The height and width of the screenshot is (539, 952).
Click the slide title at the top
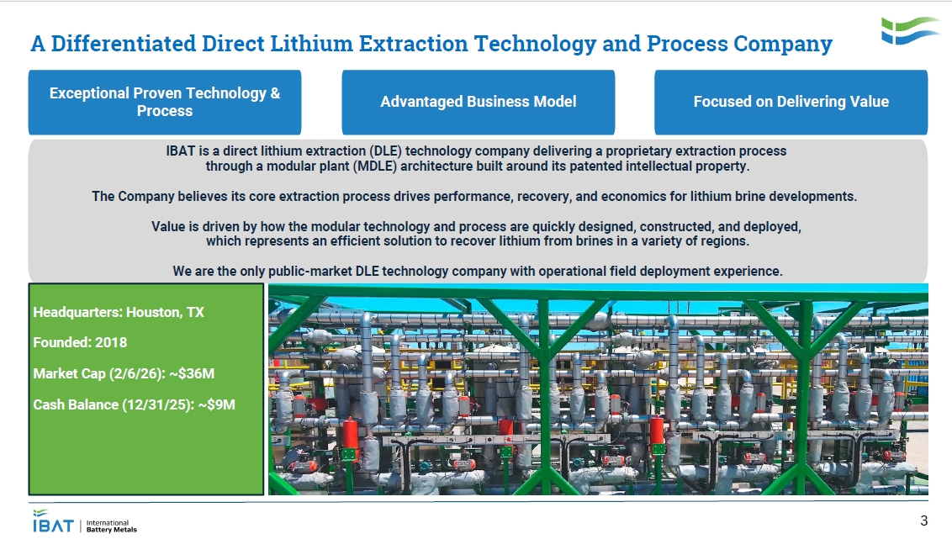pyautogui.click(x=431, y=44)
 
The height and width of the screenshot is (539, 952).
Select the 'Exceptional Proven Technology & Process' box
pyautogui.click(x=165, y=102)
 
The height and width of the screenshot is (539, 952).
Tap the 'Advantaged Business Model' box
pyautogui.click(x=478, y=102)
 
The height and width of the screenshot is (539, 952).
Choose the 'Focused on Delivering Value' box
pyautogui.click(x=791, y=102)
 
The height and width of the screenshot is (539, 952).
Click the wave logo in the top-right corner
pyautogui.click(x=910, y=30)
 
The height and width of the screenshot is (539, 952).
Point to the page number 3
pyautogui.click(x=924, y=519)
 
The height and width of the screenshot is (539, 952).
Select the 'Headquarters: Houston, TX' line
pyautogui.click(x=119, y=312)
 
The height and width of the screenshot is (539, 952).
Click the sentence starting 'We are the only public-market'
pyautogui.click(x=478, y=271)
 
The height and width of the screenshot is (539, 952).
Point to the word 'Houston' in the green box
pyautogui.click(x=153, y=312)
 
